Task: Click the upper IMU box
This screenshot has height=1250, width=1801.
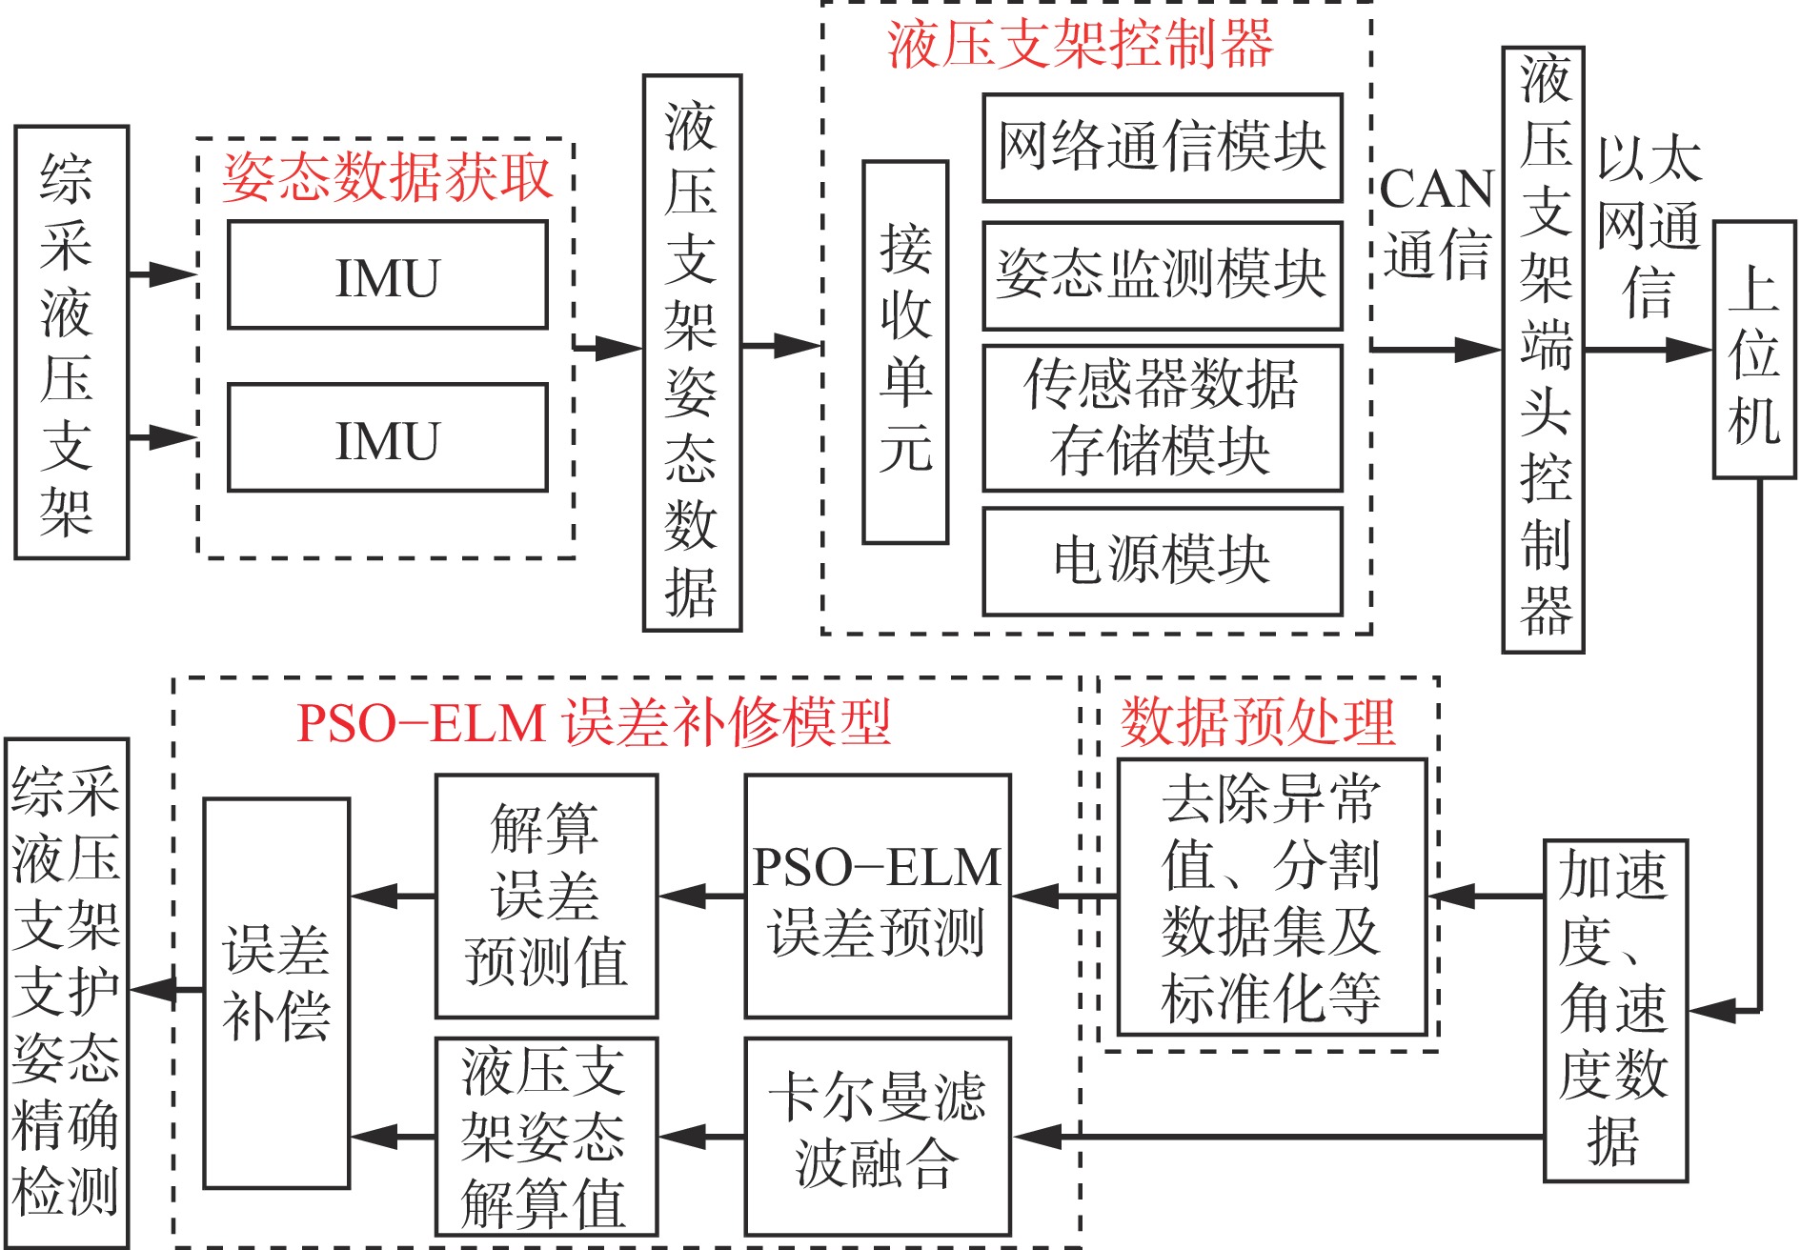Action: point(388,275)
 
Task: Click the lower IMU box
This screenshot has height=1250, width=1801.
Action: point(388,438)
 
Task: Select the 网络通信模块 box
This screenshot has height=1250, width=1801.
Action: point(1163,148)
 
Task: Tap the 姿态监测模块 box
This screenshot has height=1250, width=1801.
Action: point(1163,275)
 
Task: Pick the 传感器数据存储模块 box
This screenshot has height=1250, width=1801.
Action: point(1163,418)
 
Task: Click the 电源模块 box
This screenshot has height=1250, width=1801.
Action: point(1163,561)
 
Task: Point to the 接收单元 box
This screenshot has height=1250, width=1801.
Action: point(905,353)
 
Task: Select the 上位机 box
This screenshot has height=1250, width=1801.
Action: point(1754,350)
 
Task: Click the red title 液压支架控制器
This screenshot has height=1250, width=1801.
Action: point(1081,44)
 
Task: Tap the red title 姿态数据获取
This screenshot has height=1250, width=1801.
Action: point(387,177)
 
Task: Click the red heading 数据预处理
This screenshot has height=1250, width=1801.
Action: point(1258,721)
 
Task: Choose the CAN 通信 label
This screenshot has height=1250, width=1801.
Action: point(1437,222)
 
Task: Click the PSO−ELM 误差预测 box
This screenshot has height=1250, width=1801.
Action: point(877,897)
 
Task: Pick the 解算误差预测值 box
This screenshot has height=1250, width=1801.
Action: point(546,897)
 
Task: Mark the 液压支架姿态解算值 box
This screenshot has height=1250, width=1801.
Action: point(546,1137)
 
